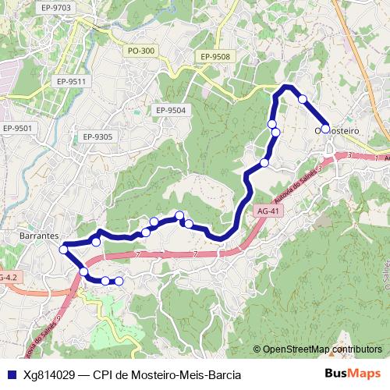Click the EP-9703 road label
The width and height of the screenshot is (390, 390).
tap(57, 8)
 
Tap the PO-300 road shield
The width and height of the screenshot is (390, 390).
tap(141, 51)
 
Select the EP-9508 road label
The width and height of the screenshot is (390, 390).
tap(214, 57)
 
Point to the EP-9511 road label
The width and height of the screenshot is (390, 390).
tap(70, 81)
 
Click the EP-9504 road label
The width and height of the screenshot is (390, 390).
tap(170, 110)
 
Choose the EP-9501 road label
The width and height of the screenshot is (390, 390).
tap(17, 129)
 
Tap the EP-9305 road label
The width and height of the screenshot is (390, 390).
tap(97, 137)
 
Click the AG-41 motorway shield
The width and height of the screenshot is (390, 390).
tap(267, 211)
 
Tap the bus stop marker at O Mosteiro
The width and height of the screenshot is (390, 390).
tap(325, 129)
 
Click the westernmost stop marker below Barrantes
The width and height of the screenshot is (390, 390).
tap(64, 250)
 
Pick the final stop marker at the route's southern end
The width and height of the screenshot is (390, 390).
tap(119, 281)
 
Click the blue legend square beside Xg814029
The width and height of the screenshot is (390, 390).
tap(10, 374)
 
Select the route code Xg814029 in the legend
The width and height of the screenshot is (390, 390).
tap(54, 374)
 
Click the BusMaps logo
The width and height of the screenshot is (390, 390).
tap(353, 374)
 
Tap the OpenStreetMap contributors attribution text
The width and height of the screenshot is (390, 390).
tap(322, 349)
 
